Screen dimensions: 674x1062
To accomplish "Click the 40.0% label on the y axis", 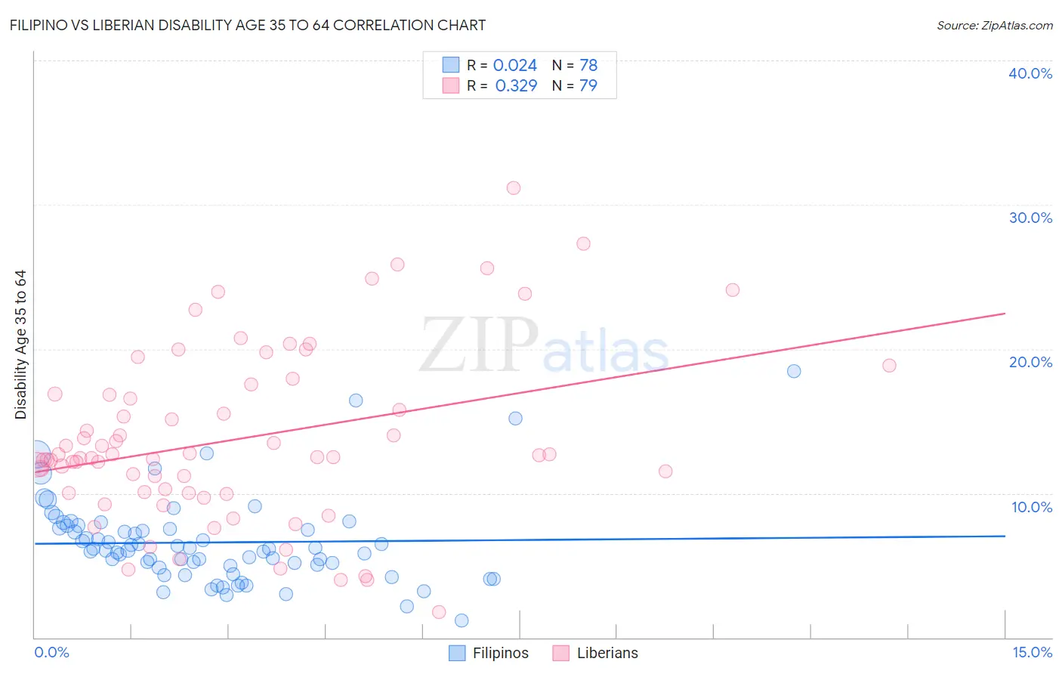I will pos(1030,73).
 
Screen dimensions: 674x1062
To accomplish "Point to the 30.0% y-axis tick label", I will pos(1030,218).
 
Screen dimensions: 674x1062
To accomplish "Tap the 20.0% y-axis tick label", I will pos(1030,362).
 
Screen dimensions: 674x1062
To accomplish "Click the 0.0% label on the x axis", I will pos(51,653).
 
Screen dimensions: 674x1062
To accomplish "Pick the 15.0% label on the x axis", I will pos(1032,653).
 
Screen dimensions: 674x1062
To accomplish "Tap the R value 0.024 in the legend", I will pos(515,66).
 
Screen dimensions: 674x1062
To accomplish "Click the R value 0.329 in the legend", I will pos(516,86).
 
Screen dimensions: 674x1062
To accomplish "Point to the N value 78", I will pos(588,66).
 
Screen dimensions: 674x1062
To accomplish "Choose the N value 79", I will pos(588,86).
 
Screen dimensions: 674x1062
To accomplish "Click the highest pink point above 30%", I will pos(514,188).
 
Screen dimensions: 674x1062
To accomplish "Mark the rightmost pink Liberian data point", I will pos(889,366).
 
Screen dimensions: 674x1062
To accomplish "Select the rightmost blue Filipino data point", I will pos(794,371).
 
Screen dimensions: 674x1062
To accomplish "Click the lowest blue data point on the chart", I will pos(462,620).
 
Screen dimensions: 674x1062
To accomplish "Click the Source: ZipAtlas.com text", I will pos(995,26).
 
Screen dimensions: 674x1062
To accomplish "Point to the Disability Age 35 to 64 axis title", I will pos(21,345).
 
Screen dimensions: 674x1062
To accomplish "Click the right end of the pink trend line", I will pos(1005,313).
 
